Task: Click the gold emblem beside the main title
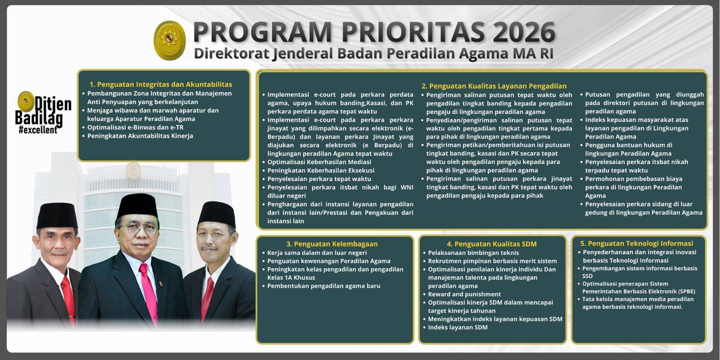[170, 40]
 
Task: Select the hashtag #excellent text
[38, 130]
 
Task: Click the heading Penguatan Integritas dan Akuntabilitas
[161, 84]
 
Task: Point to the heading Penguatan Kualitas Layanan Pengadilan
[494, 86]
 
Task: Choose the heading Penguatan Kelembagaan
[332, 243]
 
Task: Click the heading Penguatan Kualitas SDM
[492, 243]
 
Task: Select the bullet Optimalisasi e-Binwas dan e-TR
[135, 127]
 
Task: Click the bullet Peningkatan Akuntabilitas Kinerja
[140, 135]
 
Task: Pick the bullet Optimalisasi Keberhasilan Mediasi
[319, 162]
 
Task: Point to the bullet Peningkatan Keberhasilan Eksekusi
[321, 171]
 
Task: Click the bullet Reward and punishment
[464, 294]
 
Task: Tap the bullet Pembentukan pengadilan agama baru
[324, 286]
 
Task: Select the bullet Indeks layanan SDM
[458, 327]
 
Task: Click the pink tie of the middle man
[149, 292]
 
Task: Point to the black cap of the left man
[57, 216]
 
